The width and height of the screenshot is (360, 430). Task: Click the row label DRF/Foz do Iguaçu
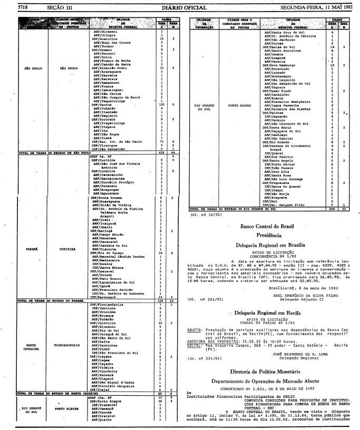108,253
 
